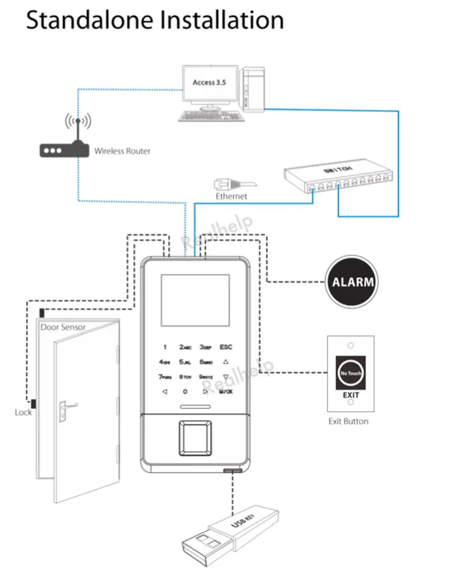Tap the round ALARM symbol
coord(350,281)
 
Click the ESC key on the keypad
coord(226,347)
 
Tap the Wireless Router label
coord(122,151)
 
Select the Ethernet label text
coord(231,196)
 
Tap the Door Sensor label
coord(63,327)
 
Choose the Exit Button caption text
coord(348,421)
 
